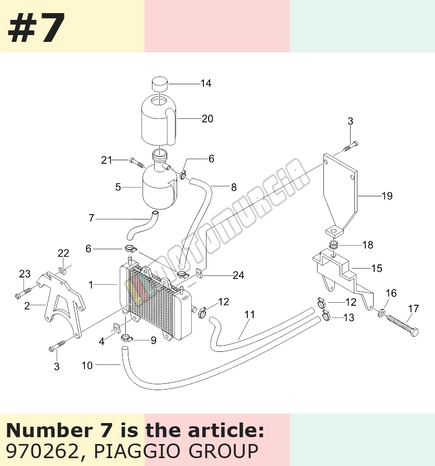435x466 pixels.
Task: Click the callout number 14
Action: (206, 83)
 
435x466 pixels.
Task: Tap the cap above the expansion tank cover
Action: (160, 84)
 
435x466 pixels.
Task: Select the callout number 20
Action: (208, 119)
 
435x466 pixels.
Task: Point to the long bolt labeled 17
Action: (403, 325)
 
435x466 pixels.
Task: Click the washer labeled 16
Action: (381, 313)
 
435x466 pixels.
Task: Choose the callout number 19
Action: (387, 196)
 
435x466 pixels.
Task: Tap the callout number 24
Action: (238, 275)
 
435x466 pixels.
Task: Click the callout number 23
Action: (25, 274)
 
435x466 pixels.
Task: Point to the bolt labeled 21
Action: (137, 162)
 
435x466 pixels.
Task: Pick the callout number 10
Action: (87, 365)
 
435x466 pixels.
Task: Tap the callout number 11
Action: (249, 315)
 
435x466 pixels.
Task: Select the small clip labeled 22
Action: (62, 270)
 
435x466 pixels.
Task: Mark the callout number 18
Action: (368, 245)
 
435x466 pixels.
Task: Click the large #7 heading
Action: (36, 28)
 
